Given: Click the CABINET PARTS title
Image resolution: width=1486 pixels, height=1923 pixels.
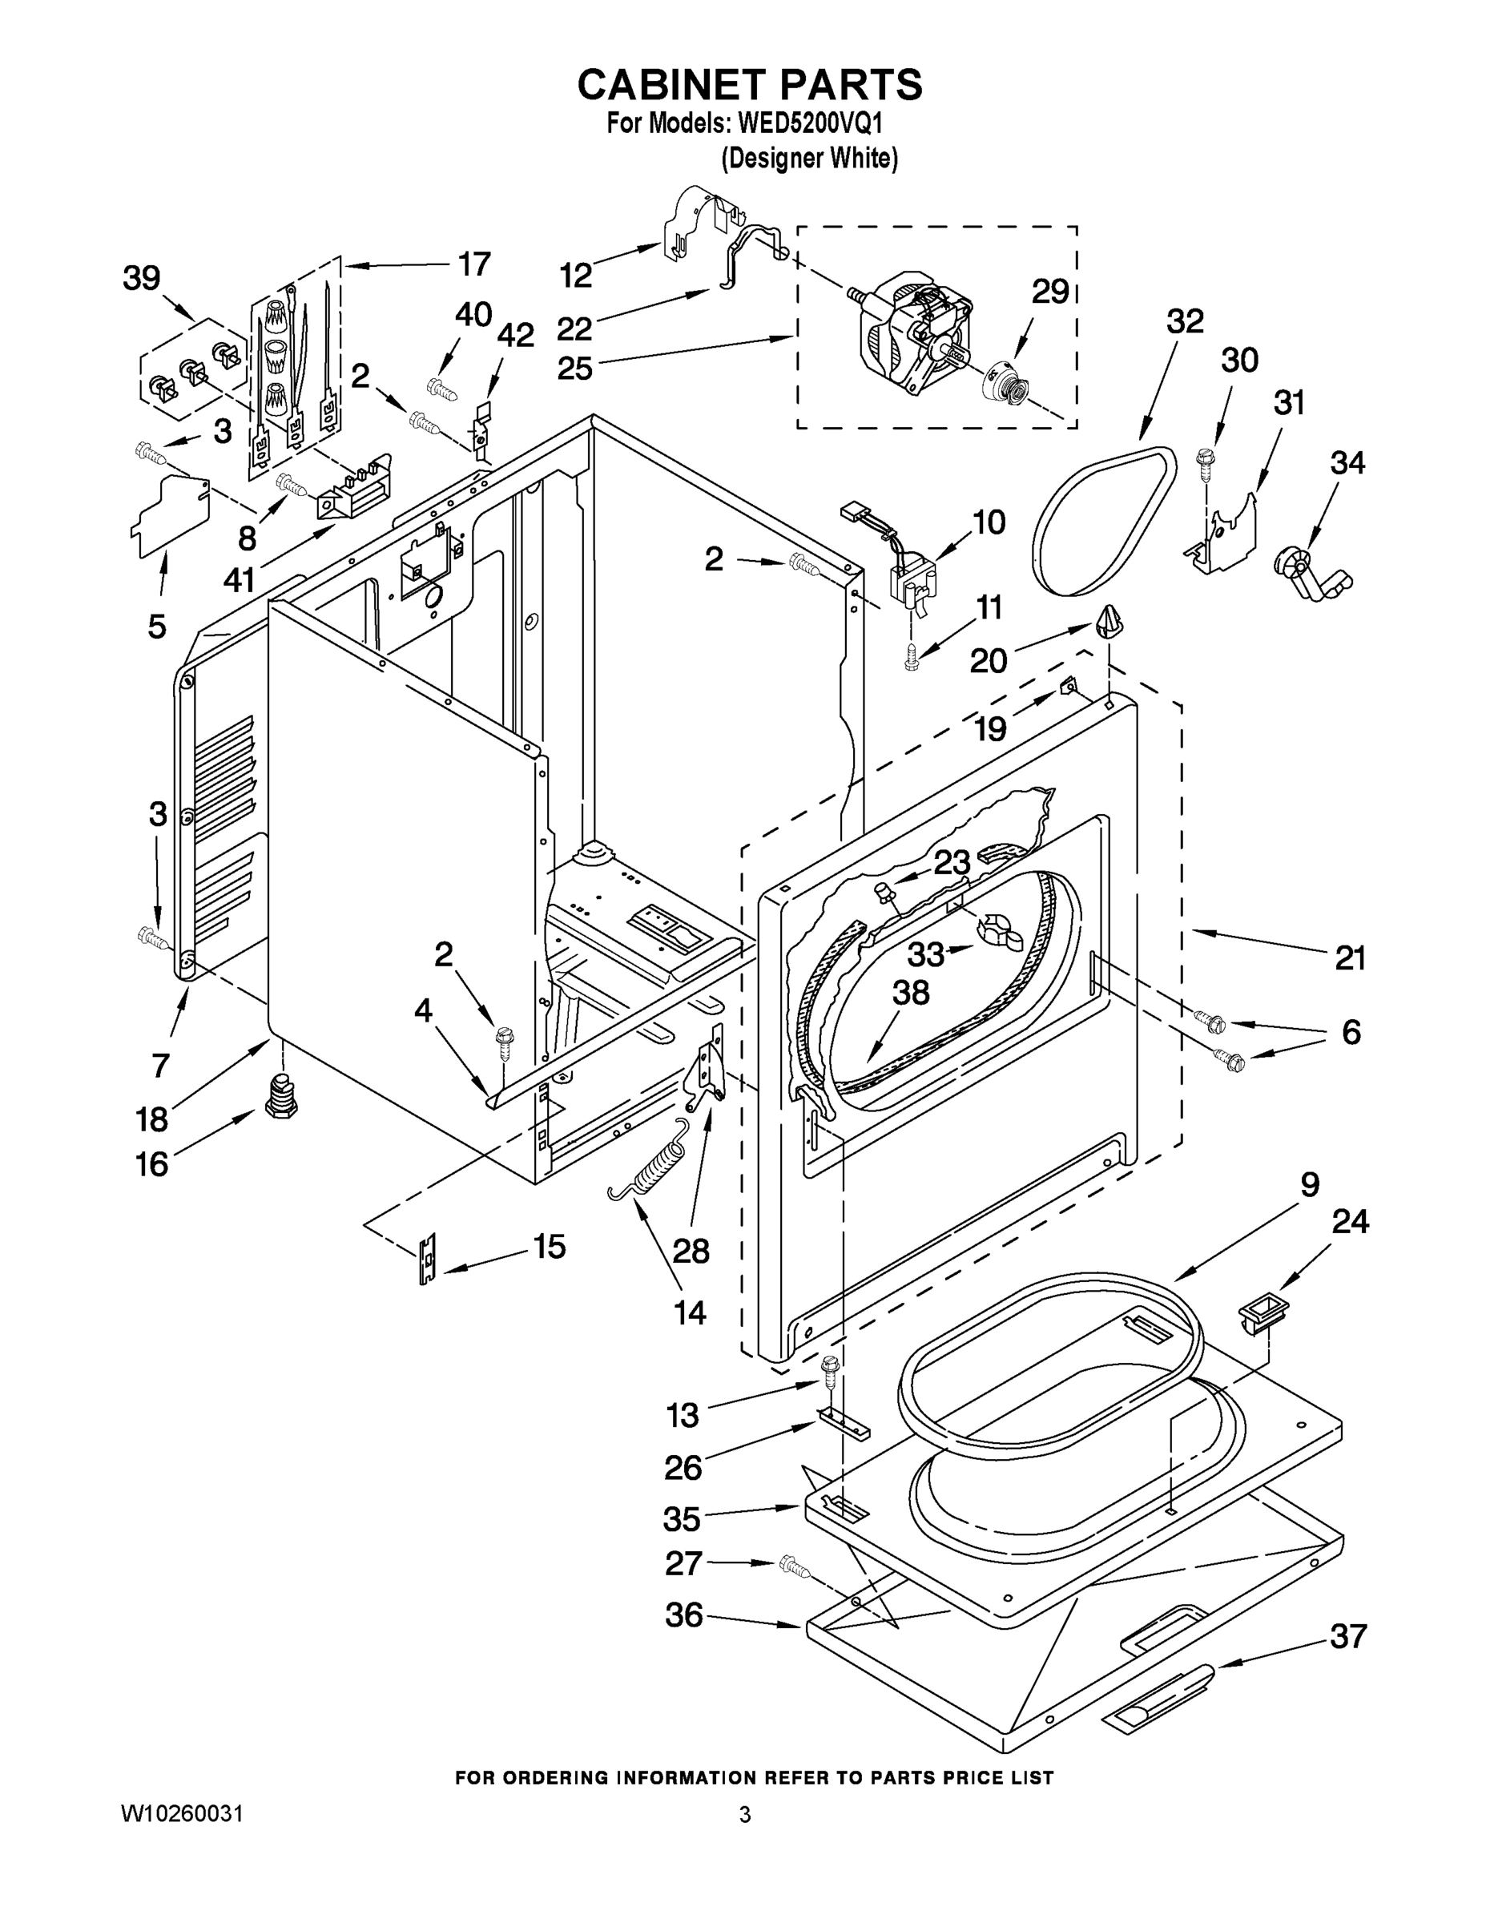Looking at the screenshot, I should pyautogui.click(x=750, y=86).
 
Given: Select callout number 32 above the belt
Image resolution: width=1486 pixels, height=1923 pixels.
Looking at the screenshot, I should pyautogui.click(x=1184, y=320).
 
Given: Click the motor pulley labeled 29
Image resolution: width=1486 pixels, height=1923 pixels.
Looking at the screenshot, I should pyautogui.click(x=1006, y=385).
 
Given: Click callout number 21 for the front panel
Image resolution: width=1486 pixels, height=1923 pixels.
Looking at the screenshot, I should pyautogui.click(x=1349, y=957).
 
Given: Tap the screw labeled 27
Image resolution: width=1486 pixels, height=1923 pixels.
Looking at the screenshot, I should pyautogui.click(x=795, y=1566).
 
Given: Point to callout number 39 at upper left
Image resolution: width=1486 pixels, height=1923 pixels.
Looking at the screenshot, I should pyautogui.click(x=142, y=278).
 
